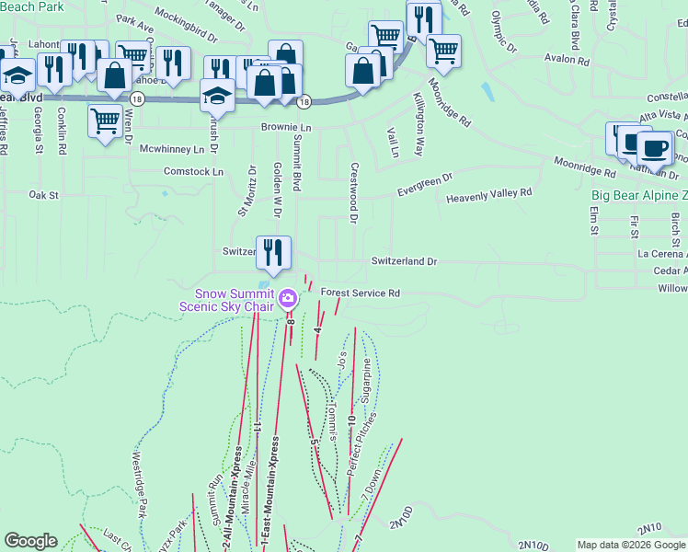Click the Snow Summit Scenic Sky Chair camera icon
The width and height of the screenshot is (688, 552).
(288, 298)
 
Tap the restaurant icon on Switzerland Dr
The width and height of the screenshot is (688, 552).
(273, 250)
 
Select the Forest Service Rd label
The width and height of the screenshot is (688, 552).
(361, 293)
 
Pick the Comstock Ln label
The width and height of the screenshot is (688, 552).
(193, 172)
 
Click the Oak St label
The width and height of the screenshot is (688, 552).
(43, 195)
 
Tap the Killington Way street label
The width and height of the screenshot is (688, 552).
(418, 123)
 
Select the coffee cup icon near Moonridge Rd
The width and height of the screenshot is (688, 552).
(655, 147)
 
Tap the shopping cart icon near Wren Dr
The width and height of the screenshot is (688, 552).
(106, 120)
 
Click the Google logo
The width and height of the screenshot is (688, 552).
(31, 542)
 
